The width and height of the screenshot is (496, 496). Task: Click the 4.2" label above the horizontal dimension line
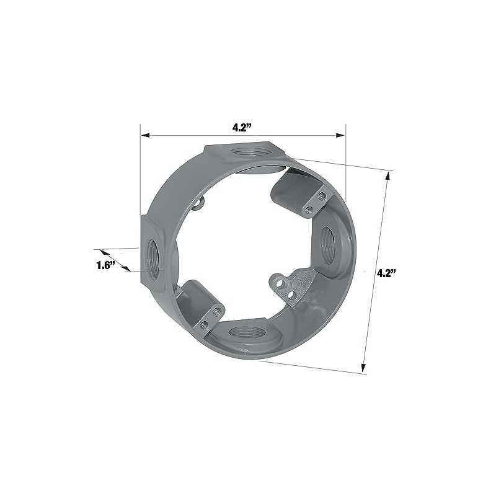tap(241, 128)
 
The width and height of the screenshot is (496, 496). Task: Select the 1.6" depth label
tap(106, 265)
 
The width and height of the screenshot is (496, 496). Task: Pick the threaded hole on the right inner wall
tap(327, 242)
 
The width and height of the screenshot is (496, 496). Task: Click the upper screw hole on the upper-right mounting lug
tap(320, 197)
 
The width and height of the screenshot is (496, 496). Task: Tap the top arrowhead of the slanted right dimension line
tap(388, 175)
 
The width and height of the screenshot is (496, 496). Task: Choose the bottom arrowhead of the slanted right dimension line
tap(364, 368)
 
